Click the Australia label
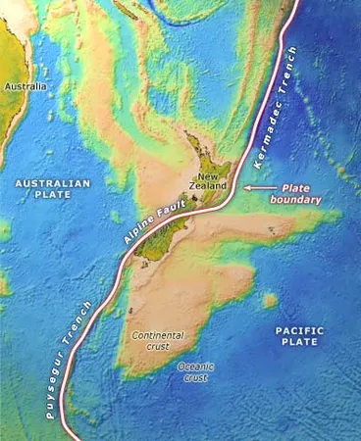[x=26, y=86]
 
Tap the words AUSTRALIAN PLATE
[x=52, y=189]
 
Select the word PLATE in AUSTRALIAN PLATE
[x=52, y=196]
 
